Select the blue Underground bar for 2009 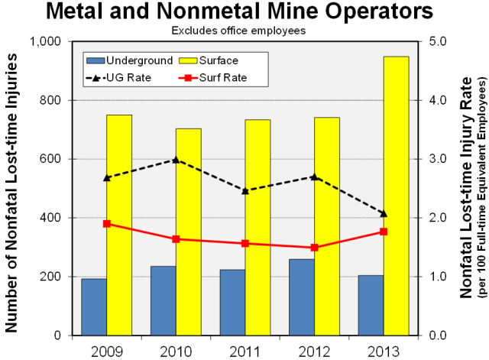coord(94,306)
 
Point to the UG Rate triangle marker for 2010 coord(176,160)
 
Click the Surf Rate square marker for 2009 coord(107,224)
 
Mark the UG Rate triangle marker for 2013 coord(383,213)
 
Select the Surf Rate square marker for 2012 coord(314,248)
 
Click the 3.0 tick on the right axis coord(442,159)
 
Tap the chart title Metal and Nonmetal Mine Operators coord(244,13)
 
